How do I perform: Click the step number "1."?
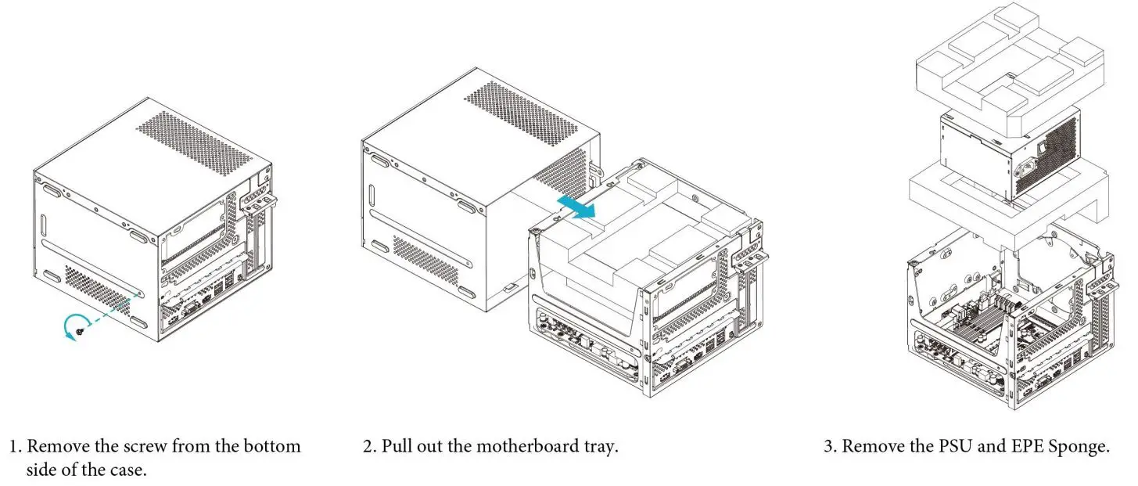[16, 447]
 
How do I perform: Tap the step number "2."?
[370, 447]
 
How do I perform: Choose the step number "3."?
[831, 447]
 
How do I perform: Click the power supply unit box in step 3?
[1009, 153]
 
